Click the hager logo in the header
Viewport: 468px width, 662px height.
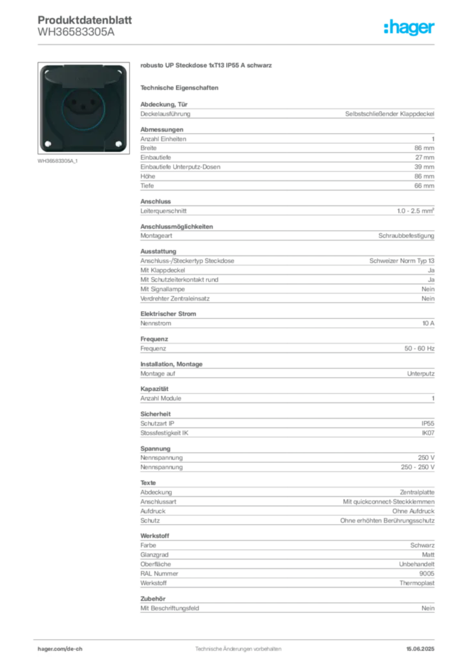point(409,27)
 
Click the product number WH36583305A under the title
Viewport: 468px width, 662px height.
point(76,32)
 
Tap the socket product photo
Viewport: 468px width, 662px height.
point(83,108)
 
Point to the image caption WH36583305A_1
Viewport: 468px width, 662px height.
point(58,161)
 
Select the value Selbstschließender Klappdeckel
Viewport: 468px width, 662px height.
point(390,114)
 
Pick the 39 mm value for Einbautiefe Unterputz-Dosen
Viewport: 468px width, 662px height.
point(424,167)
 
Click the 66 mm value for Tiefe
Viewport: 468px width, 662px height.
point(424,186)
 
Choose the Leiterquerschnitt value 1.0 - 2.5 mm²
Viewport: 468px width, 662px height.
point(416,211)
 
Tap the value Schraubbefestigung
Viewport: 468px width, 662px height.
point(406,235)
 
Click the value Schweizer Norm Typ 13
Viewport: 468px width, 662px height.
point(402,261)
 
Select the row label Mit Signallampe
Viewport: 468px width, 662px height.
point(162,289)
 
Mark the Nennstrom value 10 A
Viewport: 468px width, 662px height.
point(429,323)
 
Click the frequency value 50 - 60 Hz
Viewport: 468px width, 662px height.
point(420,348)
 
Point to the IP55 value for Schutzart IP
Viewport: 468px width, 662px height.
point(428,423)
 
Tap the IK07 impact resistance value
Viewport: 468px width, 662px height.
point(428,432)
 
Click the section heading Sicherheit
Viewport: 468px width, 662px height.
point(155,414)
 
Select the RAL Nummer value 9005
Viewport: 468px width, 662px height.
point(427,573)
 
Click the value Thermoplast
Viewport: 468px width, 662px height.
point(417,583)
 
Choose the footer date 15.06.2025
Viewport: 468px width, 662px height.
point(420,649)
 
